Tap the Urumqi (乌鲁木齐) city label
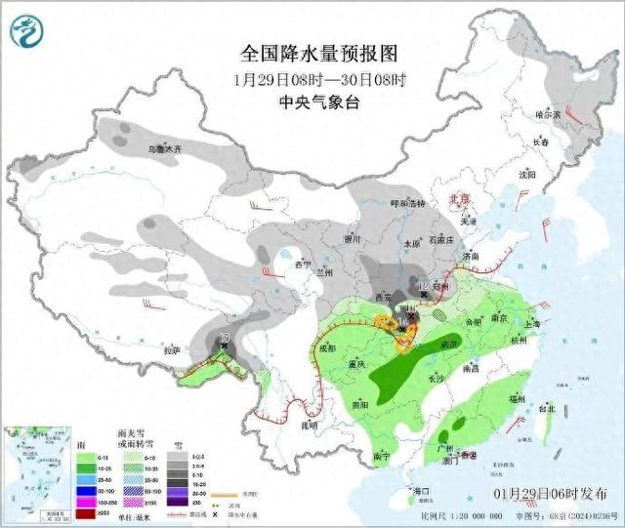(156, 149)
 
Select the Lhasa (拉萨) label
(172, 348)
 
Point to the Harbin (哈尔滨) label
(551, 114)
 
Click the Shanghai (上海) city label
(533, 324)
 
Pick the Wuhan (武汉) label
(448, 345)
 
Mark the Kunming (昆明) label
(309, 426)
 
